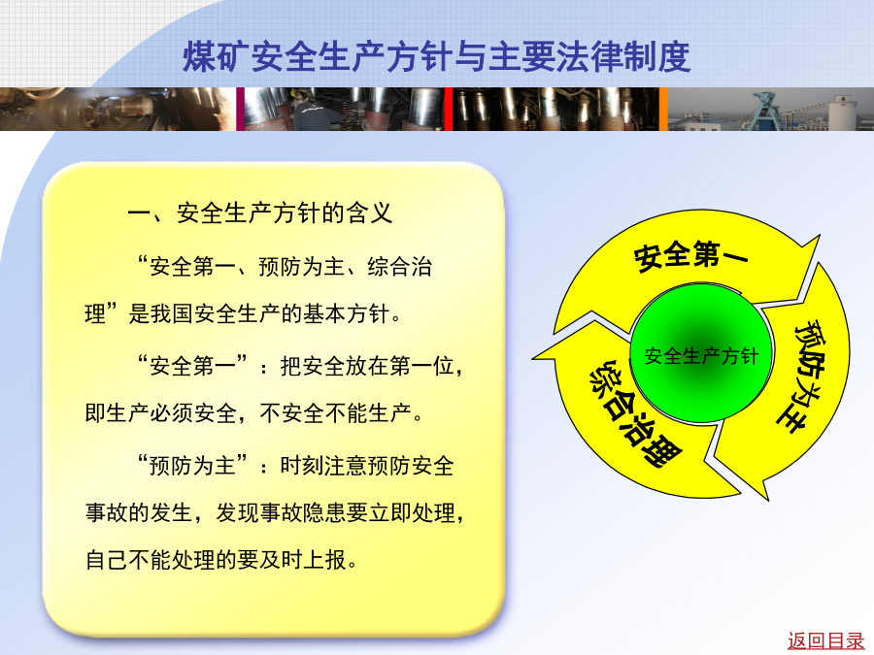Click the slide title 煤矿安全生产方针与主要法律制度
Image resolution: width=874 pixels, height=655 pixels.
tap(437, 57)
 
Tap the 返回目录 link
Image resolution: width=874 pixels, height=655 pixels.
tap(825, 641)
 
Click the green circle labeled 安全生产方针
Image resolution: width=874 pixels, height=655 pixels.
tap(701, 353)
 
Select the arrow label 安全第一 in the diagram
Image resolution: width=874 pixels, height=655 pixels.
tap(690, 255)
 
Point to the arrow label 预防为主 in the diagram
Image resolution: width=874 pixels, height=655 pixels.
tap(805, 377)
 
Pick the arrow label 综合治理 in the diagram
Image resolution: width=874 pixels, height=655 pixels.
tap(635, 412)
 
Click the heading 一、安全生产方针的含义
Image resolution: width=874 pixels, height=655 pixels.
tap(260, 213)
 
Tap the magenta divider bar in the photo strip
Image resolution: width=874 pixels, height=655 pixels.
tap(240, 109)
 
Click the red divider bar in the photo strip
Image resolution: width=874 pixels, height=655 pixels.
tap(449, 109)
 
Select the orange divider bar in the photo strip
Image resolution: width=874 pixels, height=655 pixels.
tap(663, 109)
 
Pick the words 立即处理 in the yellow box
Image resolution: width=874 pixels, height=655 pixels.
tap(413, 512)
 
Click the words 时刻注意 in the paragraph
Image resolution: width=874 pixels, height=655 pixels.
tap(323, 465)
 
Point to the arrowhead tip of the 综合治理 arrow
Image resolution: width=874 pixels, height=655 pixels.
tap(532, 358)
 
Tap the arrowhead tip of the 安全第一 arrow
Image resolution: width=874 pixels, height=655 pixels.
tap(820, 236)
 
